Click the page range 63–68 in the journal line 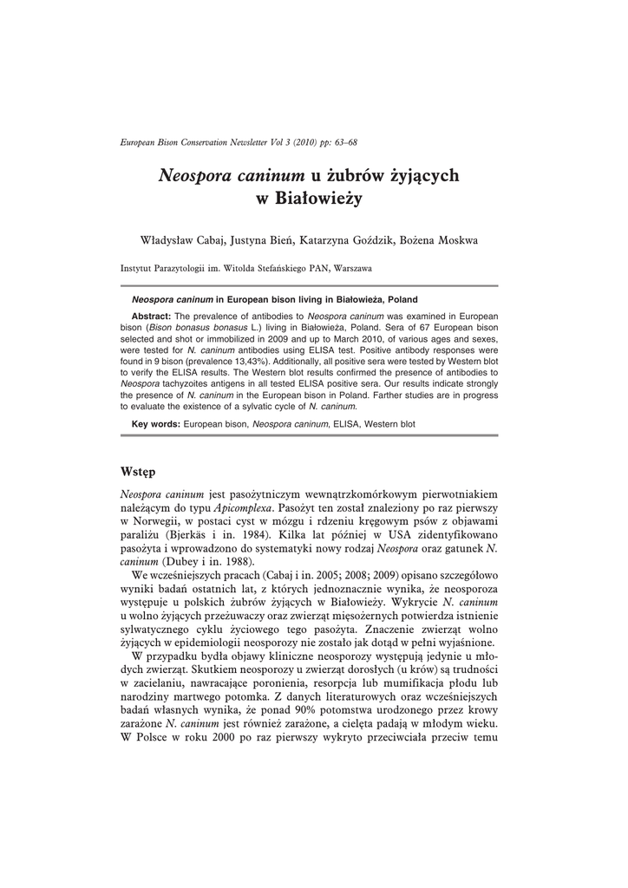[x=343, y=141]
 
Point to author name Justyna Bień [x=264, y=239]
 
